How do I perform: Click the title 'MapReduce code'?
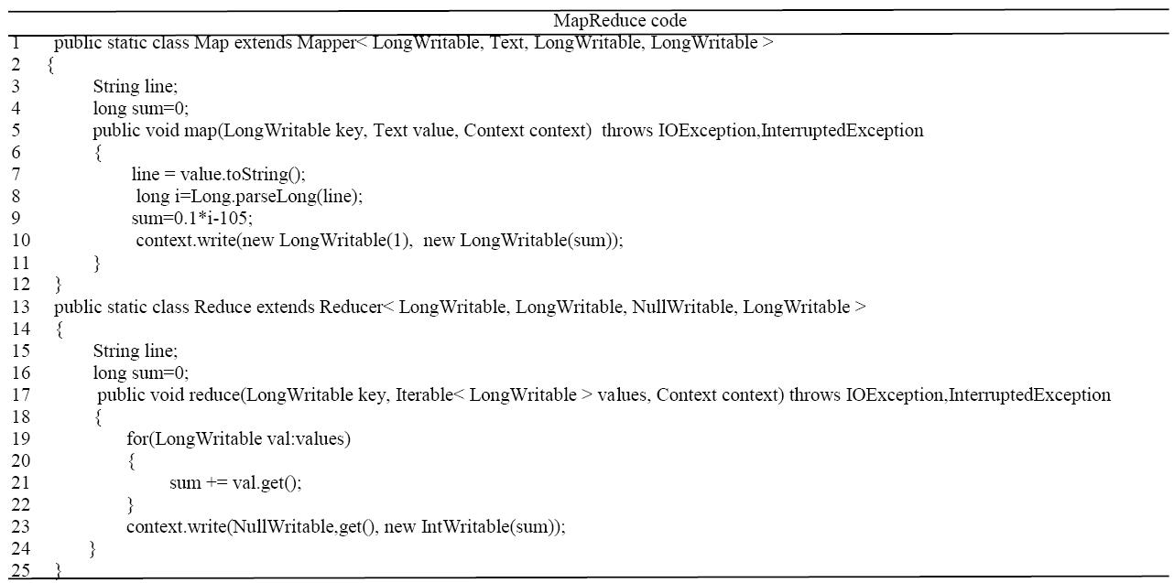click(x=620, y=20)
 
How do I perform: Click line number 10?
click(x=21, y=241)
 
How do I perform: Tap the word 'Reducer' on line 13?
click(x=351, y=307)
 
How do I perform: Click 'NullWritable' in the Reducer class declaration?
click(x=682, y=307)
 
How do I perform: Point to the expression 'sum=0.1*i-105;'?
click(x=191, y=219)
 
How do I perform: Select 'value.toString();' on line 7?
click(x=243, y=175)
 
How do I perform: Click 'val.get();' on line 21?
click(x=267, y=483)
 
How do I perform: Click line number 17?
click(x=21, y=395)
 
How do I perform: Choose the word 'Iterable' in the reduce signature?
click(x=423, y=395)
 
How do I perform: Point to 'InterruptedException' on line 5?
click(x=842, y=131)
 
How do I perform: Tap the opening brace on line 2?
click(x=51, y=66)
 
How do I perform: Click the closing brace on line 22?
click(x=131, y=505)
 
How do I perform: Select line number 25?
click(x=21, y=570)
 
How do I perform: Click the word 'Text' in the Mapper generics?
click(x=506, y=43)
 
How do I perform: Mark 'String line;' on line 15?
click(x=136, y=351)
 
